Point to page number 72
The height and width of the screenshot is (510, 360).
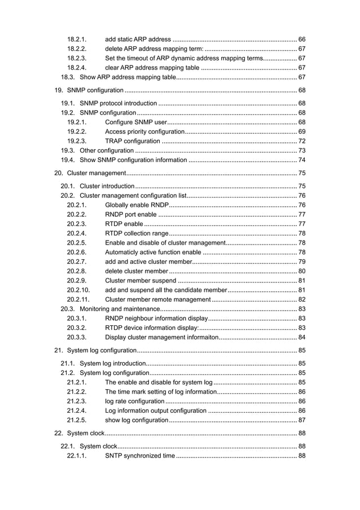pos(302,141)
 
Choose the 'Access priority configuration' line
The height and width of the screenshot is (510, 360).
pos(145,131)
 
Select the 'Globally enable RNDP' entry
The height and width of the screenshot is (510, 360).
pos(137,204)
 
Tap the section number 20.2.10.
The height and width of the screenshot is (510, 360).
pos(78,290)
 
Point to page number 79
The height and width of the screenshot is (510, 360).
pos(302,261)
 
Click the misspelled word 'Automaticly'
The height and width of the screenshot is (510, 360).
pos(123,252)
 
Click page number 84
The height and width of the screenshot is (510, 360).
pos(302,338)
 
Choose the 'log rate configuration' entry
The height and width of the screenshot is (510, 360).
pos(135,400)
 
